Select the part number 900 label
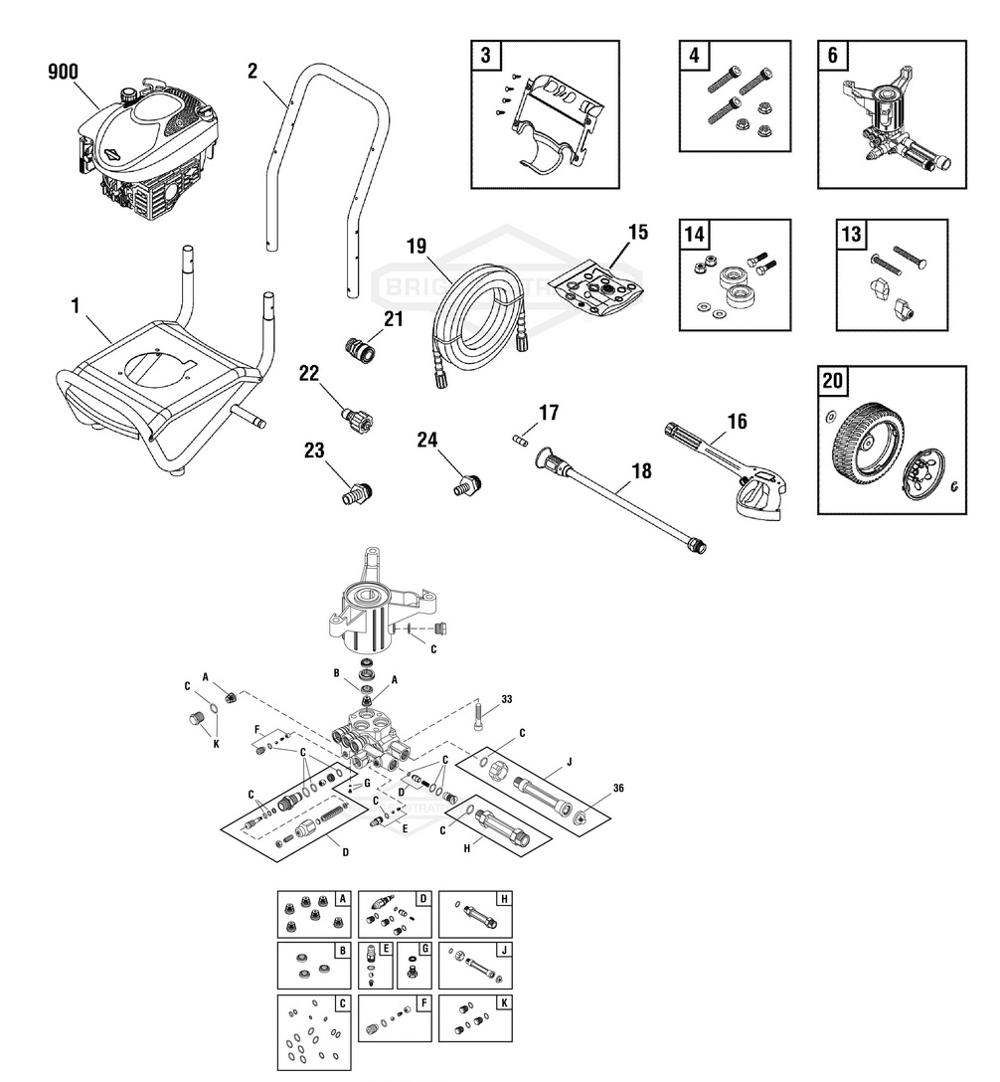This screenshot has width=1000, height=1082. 63,72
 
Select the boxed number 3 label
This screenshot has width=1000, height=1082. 485,56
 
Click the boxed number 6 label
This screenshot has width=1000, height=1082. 832,56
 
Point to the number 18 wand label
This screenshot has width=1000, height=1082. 641,471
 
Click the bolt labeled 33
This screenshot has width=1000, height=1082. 480,710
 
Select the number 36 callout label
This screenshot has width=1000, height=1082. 617,790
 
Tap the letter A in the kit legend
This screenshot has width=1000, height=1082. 342,898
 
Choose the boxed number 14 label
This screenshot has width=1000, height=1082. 694,235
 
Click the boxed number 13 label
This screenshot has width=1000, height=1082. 851,235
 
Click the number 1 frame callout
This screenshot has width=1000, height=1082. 75,305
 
